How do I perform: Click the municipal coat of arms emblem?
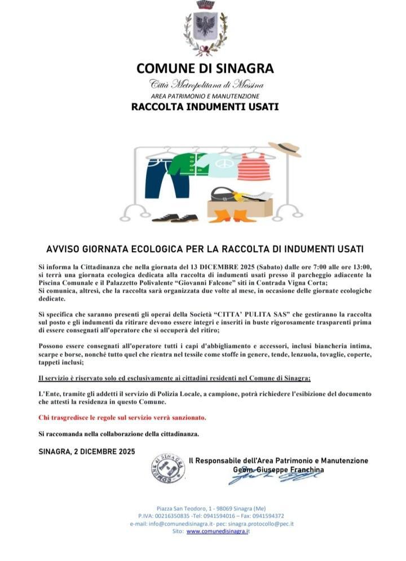tap(205, 28)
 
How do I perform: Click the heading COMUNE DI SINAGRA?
tap(205, 69)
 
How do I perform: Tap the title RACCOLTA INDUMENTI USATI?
tap(205, 106)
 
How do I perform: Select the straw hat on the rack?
tap(285, 148)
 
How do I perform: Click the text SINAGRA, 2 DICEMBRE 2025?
tap(87, 452)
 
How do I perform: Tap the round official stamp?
tap(168, 468)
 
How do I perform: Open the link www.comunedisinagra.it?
tap(218, 531)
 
